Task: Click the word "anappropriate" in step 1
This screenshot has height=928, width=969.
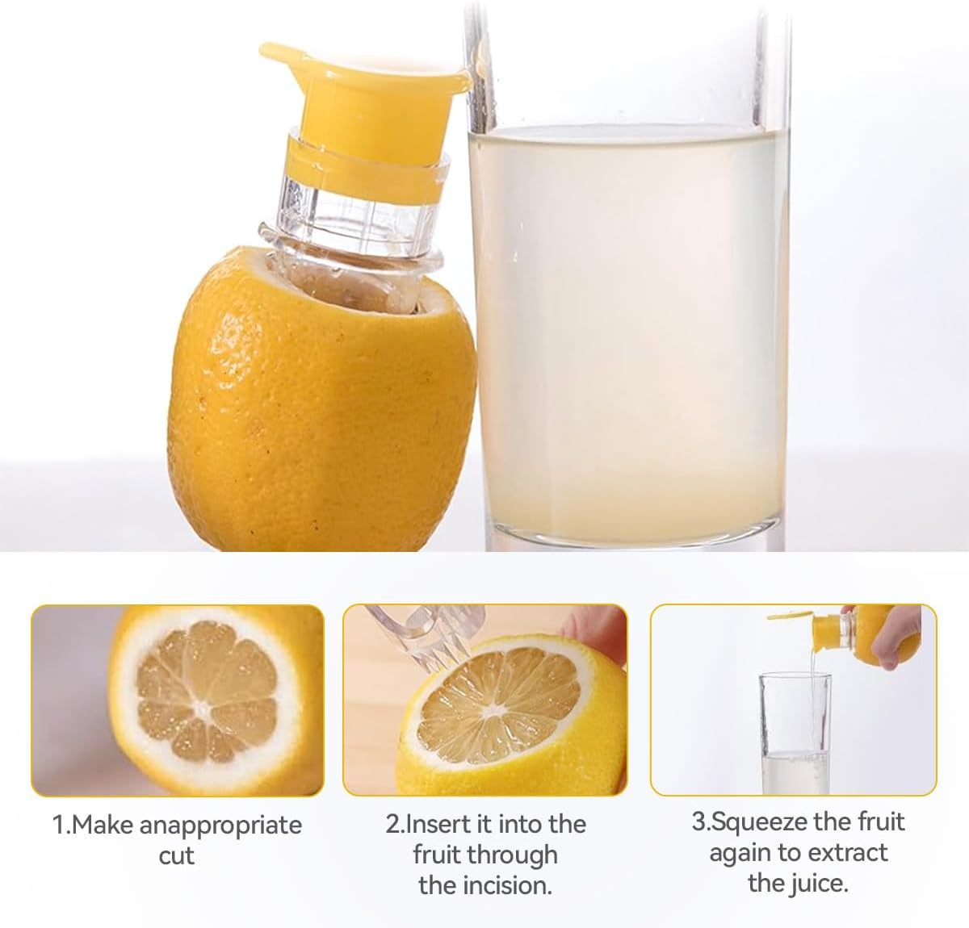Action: (x=220, y=826)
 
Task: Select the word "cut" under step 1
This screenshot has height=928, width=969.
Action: (x=176, y=855)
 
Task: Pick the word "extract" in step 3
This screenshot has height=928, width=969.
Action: (x=847, y=852)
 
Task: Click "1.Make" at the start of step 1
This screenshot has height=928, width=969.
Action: (x=94, y=826)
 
